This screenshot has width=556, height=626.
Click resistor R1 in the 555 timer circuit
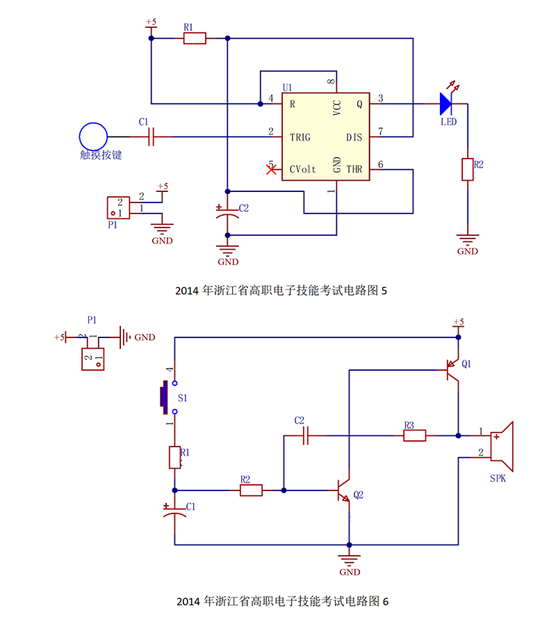pos(195,38)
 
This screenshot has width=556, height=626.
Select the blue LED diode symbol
pos(445,104)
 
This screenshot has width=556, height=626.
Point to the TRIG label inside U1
pos(300,137)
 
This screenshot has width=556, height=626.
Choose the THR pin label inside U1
pos(354,169)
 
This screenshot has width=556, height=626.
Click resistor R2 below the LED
pos(468,169)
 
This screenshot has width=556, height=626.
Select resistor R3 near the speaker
pos(415,435)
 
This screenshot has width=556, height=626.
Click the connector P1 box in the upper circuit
pos(117,207)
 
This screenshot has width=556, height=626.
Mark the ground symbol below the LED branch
pos(468,241)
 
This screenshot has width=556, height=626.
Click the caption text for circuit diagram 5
pos(281,290)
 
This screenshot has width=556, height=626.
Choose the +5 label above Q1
pos(458,322)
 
